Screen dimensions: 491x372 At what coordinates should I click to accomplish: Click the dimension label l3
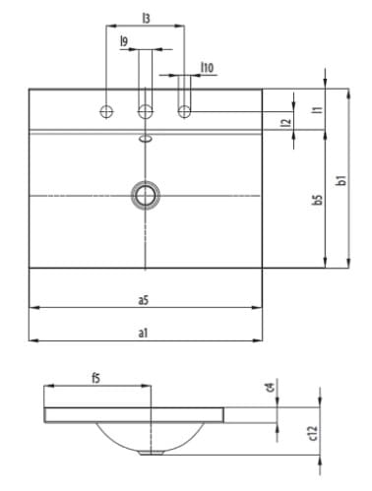tap(145, 17)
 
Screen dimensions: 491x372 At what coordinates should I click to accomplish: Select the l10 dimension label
tap(207, 67)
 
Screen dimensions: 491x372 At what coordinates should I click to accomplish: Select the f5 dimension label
tap(95, 378)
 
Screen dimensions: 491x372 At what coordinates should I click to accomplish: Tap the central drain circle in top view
tap(147, 195)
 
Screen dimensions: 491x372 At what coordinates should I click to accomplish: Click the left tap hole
tap(105, 110)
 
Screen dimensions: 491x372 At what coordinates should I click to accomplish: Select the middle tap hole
tap(146, 110)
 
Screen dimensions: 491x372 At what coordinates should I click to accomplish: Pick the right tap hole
tap(184, 110)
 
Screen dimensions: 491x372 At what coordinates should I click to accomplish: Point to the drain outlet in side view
tap(153, 453)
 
